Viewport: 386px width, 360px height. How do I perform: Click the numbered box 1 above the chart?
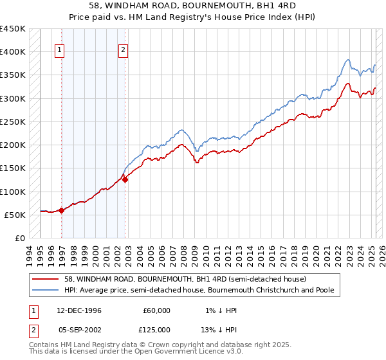click(59, 51)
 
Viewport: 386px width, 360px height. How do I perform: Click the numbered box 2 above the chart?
click(122, 51)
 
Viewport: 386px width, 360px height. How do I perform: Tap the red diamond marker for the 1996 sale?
click(62, 210)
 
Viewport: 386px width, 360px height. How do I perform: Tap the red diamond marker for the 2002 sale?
click(125, 180)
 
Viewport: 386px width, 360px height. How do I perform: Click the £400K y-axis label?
click(13, 52)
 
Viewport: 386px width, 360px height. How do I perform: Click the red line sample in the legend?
click(46, 279)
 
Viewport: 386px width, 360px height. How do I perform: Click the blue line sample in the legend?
click(46, 290)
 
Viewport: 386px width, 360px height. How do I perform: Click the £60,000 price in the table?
click(156, 310)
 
